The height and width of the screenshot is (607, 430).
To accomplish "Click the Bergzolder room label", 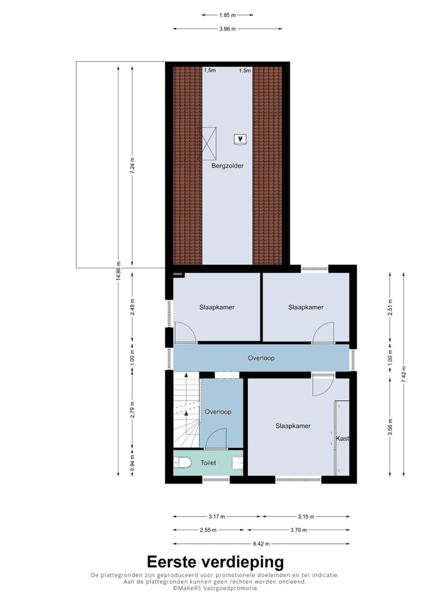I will coord(228,166).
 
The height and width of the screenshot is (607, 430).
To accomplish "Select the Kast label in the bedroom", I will coord(342,439).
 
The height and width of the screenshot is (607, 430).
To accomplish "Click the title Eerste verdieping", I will coord(215,562).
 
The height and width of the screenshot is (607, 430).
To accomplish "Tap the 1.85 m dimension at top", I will coord(227,15).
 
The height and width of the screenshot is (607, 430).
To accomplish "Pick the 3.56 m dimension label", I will coord(389,429).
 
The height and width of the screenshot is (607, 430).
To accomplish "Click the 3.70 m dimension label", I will coord(299,529).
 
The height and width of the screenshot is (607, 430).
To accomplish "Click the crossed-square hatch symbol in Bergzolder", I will coord(209,143).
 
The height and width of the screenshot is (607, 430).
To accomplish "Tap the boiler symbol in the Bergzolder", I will coord(240,140).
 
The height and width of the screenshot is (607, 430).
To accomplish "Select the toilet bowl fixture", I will coord(183,462).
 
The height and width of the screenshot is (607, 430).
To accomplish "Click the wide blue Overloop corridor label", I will coord(262,358).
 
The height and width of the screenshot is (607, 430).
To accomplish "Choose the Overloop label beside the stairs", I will coord(217,411).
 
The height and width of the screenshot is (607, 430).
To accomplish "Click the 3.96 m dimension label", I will coord(227,29).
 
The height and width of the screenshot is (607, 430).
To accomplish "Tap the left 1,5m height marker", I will coord(210,70).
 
